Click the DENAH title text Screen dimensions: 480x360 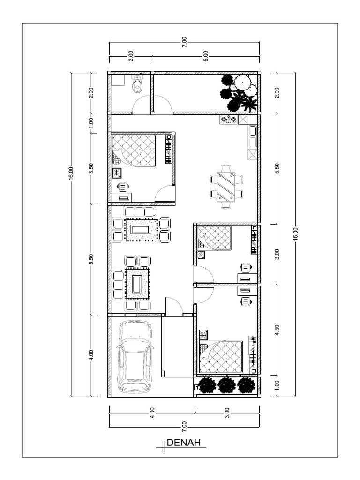[183, 442]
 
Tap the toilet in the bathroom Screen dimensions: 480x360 [137, 85]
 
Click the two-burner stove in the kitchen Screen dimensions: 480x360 [228, 120]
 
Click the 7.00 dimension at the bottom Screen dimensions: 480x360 [184, 426]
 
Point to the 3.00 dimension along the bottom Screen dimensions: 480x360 [227, 413]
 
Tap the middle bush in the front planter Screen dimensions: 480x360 [226, 385]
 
